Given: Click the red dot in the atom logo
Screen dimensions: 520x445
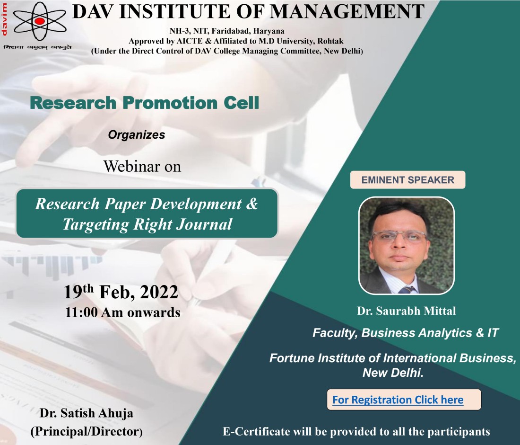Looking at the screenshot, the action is coord(39,21).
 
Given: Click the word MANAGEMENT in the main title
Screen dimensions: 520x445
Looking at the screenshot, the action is coord(347,11).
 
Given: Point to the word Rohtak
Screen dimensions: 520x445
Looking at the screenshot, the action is coord(330,41).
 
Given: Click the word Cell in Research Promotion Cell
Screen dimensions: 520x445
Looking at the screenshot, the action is coord(241,103).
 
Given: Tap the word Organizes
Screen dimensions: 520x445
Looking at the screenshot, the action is coord(136,135).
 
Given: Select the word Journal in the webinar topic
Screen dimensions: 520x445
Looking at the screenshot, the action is coord(204,224).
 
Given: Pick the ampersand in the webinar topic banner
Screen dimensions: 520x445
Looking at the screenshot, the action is coord(252,204).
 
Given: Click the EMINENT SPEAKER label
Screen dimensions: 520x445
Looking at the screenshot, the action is coord(407,180).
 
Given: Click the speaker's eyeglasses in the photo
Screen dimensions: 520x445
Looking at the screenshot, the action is coord(399,237).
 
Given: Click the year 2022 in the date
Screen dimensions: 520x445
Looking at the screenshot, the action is coord(159,292).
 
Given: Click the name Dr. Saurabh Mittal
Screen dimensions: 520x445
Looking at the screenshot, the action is coord(406,311).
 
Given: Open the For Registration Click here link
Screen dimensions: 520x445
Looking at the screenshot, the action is coord(398,400).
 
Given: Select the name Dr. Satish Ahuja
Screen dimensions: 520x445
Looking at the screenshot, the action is coord(87,413).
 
